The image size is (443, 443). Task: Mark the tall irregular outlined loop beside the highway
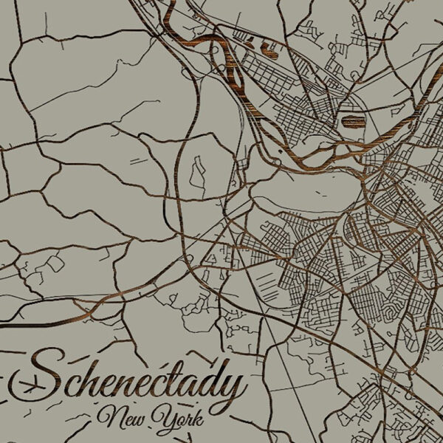(197, 171)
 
